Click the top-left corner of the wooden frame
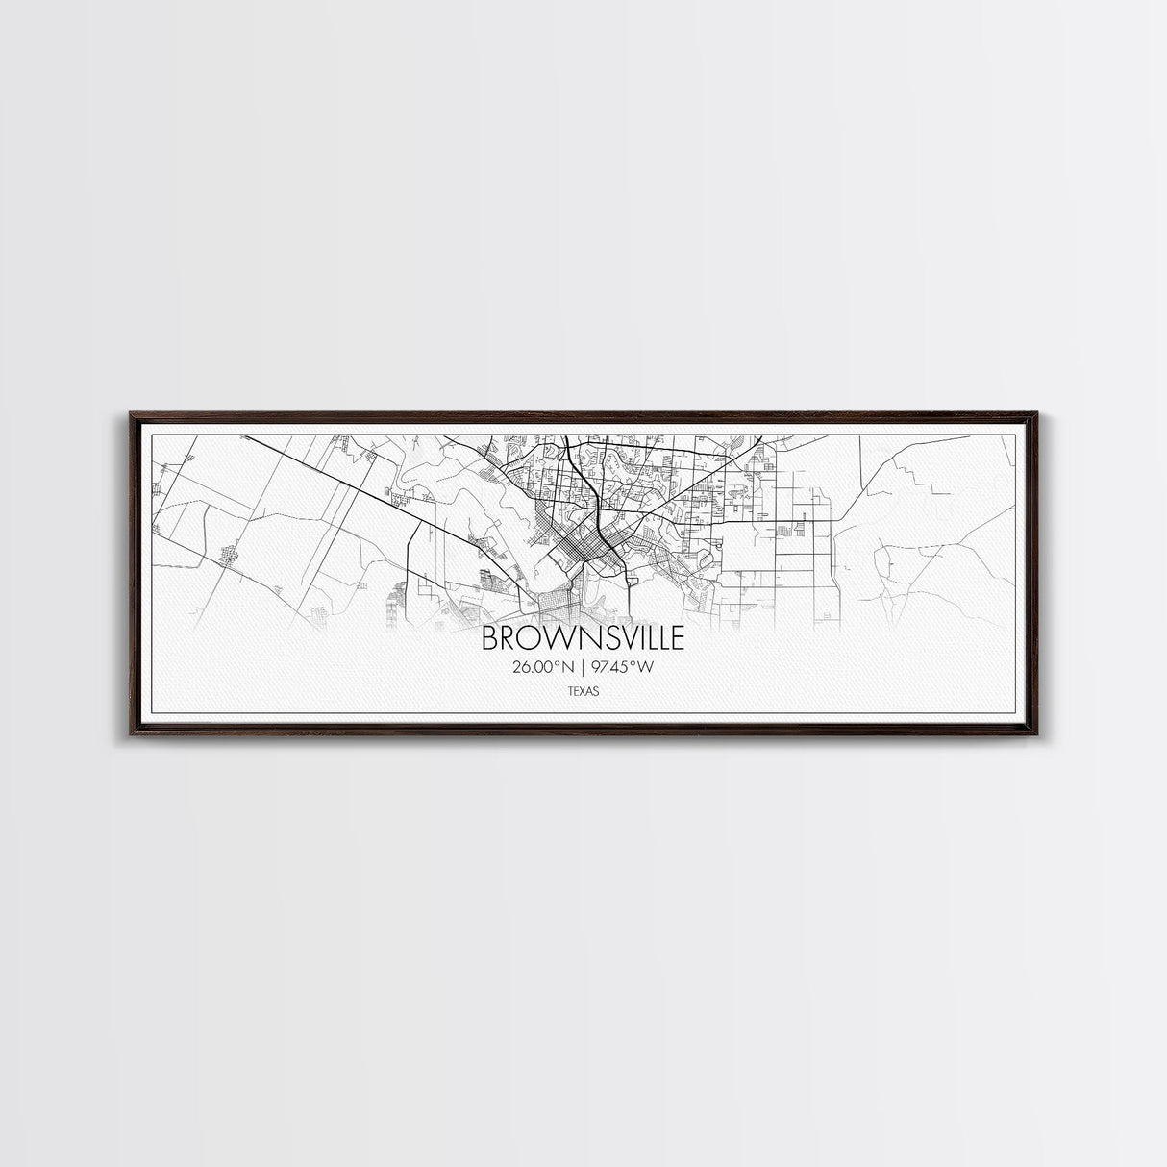[130, 414]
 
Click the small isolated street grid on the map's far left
[228, 556]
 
